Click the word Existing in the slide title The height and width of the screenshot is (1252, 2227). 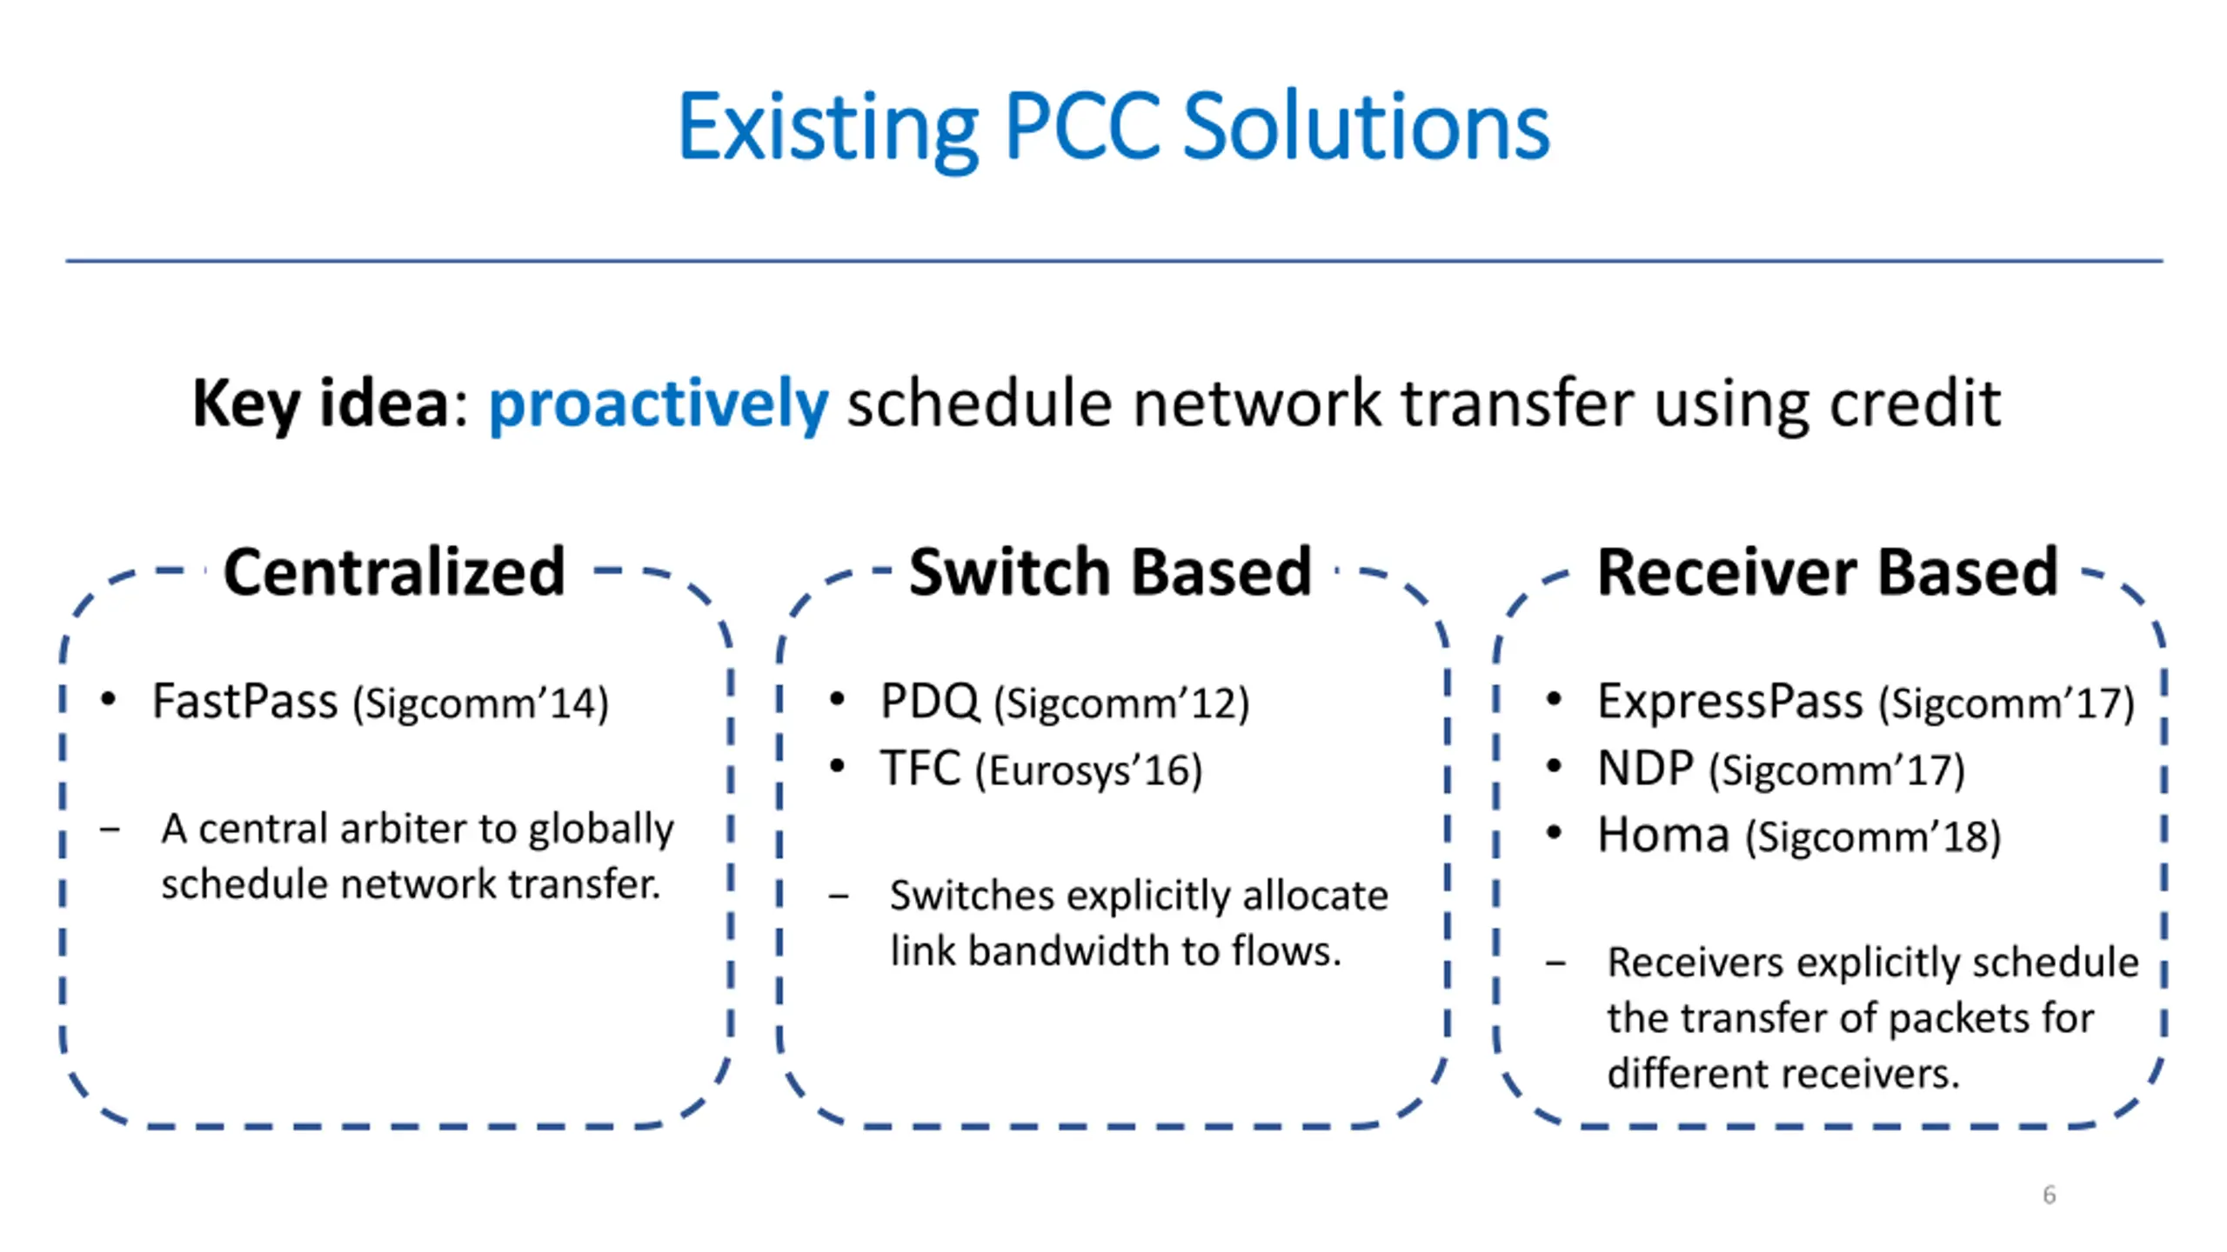(827, 129)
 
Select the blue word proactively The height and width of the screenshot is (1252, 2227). (658, 404)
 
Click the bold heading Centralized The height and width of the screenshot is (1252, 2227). (394, 572)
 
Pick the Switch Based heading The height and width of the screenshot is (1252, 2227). (1110, 572)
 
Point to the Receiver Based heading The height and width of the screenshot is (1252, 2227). (1827, 572)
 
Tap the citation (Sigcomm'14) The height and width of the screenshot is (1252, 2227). (480, 703)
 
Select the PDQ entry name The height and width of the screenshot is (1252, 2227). (929, 701)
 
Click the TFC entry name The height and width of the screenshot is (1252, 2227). (920, 769)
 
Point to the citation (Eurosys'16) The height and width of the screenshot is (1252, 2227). (1088, 770)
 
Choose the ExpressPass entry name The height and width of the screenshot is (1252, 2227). (1729, 701)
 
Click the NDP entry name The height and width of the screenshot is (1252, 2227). (1645, 769)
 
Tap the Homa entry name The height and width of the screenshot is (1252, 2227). (1662, 836)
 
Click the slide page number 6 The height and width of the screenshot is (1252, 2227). (2049, 1195)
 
